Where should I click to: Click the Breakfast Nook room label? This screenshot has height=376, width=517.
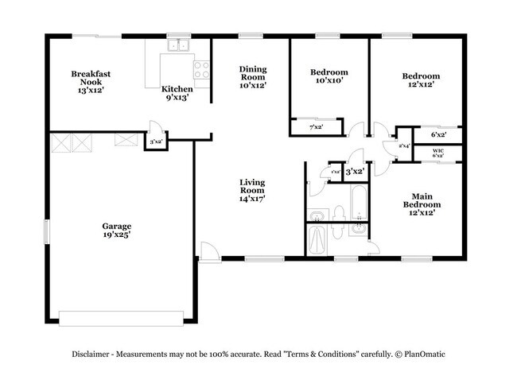91,78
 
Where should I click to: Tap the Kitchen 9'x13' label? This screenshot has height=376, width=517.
177,93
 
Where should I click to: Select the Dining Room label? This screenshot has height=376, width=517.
253,77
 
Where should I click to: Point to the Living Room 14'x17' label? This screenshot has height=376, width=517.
252,190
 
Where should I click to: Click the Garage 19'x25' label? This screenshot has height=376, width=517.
116,231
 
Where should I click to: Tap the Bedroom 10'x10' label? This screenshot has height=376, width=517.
328,76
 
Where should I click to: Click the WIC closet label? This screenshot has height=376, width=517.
438,151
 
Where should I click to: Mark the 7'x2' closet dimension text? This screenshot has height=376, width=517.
316,126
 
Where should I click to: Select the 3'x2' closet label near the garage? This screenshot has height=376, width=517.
156,141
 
